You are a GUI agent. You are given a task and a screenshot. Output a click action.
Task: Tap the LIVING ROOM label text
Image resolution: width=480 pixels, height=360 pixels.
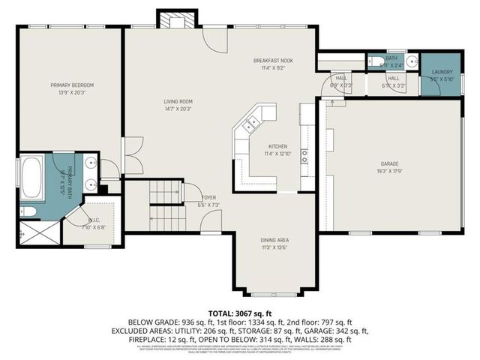179,101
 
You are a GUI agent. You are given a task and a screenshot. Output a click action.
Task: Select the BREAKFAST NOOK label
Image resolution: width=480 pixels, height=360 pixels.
272,60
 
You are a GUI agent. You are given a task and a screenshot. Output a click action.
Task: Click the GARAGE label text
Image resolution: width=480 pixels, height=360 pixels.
388,163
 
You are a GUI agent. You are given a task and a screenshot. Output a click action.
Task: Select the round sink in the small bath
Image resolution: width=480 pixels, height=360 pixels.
412,61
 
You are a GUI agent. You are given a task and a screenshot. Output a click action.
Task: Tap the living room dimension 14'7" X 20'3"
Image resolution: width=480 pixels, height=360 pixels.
179,109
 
